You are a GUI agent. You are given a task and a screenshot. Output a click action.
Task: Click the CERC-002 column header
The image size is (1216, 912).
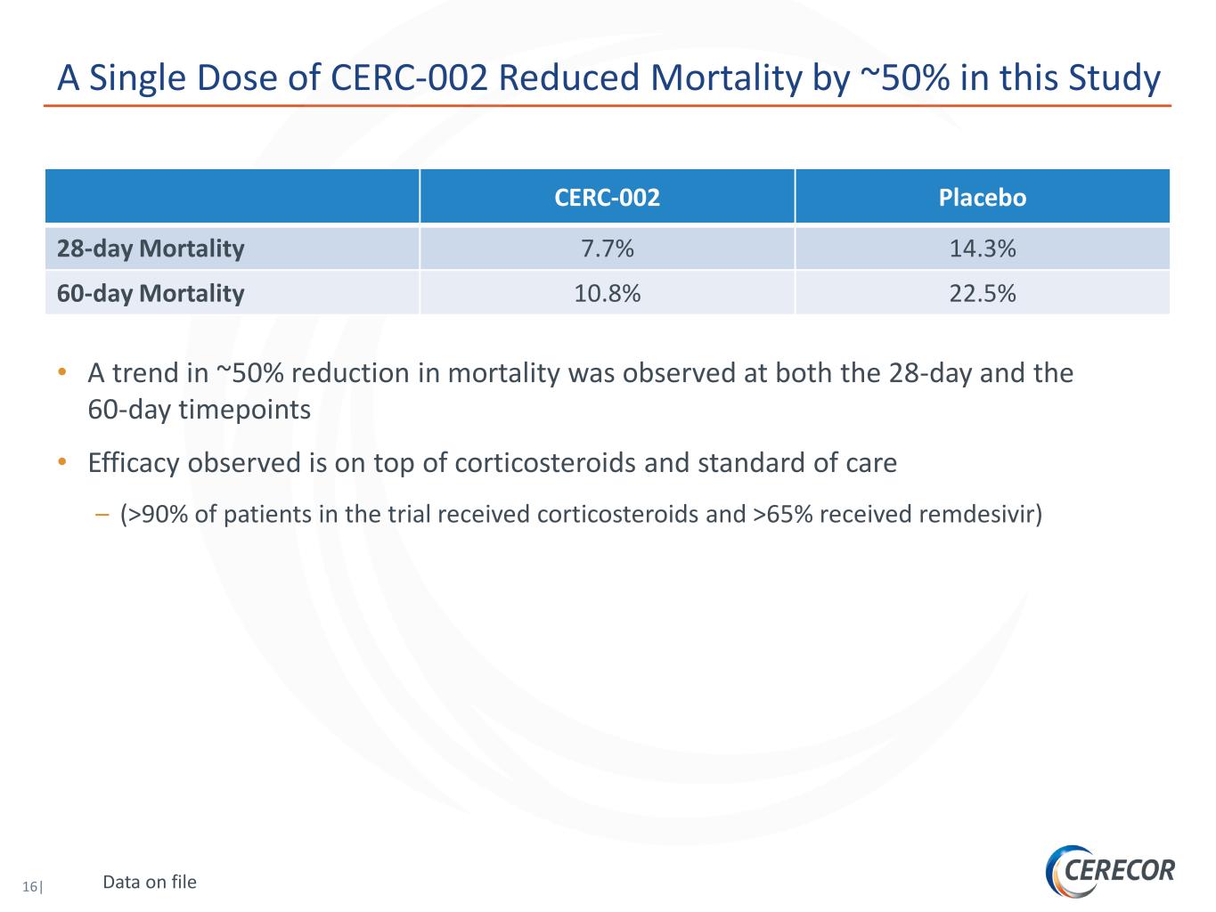608,197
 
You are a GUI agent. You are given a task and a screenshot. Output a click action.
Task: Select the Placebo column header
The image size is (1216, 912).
983,197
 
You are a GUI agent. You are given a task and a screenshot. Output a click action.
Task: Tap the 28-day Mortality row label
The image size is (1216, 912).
151,248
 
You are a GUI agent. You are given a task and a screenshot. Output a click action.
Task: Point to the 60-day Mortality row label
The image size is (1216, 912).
151,294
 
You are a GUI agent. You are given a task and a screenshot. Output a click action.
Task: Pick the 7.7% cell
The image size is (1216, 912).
608,248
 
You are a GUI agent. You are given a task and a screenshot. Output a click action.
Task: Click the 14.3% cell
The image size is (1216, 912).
983,248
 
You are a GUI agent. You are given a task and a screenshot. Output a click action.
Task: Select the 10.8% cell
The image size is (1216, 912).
608,294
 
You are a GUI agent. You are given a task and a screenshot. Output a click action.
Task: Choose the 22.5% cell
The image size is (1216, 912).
983,294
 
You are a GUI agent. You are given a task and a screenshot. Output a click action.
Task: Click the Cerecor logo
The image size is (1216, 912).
1110,870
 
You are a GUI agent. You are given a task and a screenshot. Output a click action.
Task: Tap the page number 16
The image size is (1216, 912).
29,886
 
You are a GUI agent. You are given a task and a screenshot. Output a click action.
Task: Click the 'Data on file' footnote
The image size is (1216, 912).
150,882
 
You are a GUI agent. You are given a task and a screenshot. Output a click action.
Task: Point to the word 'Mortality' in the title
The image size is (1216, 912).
726,77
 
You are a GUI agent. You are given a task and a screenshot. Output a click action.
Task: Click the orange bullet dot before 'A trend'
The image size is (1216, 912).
62,371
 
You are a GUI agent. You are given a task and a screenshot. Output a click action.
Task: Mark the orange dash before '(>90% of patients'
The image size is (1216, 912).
102,515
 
